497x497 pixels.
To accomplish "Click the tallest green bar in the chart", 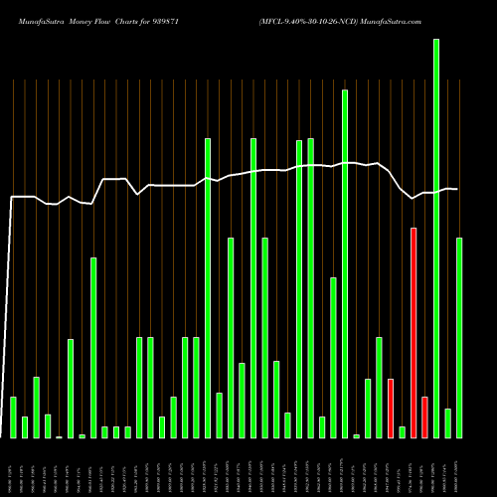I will coord(436,239).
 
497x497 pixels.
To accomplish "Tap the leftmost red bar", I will coord(391,408).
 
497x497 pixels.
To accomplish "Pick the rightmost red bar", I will coord(424,416).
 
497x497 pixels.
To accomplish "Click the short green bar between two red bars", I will coord(402,431).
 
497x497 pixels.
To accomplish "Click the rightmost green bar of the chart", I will coord(459,338).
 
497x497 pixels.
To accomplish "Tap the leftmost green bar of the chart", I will coord(13,416).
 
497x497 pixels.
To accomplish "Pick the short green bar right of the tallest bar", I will coord(447,422).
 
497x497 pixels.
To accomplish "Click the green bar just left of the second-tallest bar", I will coord(333,358).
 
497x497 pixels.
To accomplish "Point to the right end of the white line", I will coord(457,189).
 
